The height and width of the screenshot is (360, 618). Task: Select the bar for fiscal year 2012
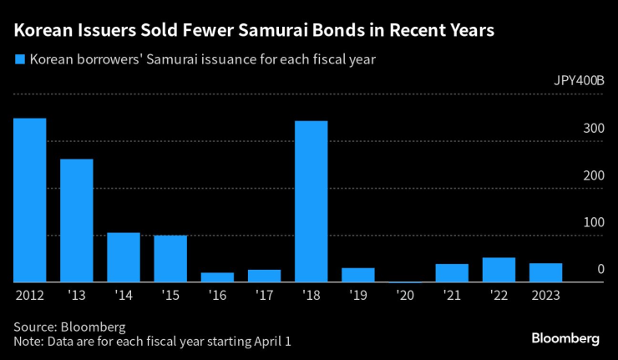coord(29,200)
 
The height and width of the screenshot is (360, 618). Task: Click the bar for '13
coord(76,221)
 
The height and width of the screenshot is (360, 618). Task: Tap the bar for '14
coord(123,257)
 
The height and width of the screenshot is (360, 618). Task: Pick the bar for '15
coord(170,259)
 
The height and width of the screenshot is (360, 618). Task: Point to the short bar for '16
coord(217,277)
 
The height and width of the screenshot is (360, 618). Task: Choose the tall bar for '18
coord(311,201)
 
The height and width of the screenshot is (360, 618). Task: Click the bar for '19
coord(357,275)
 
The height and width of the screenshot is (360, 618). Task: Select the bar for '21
coord(452,273)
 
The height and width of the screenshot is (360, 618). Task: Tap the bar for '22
coord(499,270)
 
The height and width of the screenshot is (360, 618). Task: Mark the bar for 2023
coord(545,272)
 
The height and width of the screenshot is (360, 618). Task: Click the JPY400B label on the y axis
coord(579,82)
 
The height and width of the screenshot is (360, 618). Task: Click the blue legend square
coord(18,60)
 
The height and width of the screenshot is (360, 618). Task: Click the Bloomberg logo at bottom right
coord(565,338)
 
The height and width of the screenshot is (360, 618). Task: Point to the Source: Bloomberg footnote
coord(69,327)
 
